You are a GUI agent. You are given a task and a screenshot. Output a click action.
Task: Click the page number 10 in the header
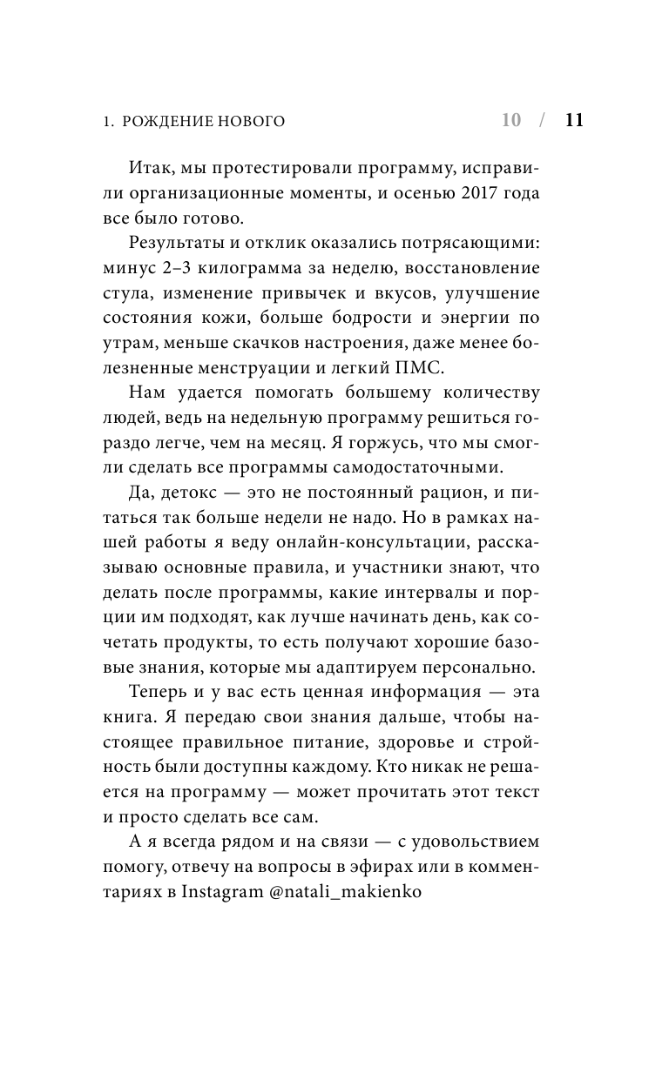[511, 121]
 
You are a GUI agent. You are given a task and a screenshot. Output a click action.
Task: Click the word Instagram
[226, 894]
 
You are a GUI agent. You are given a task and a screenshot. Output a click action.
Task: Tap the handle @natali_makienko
[348, 894]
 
